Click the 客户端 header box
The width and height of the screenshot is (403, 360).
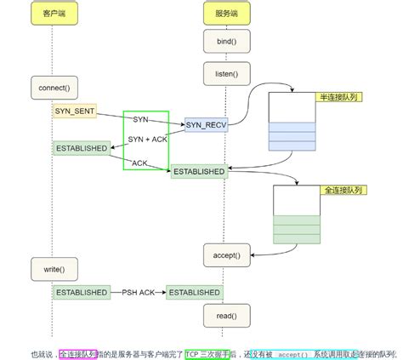pyautogui.click(x=52, y=14)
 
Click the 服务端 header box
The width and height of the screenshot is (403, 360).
pyautogui.click(x=224, y=14)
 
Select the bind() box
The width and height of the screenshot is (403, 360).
pyautogui.click(x=224, y=41)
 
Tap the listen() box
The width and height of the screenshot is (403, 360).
pyautogui.click(x=224, y=74)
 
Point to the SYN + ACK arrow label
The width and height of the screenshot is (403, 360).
pyautogui.click(x=147, y=139)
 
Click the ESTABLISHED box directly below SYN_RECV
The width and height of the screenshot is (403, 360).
pyautogui.click(x=199, y=171)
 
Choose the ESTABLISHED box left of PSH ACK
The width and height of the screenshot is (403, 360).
pyautogui.click(x=82, y=292)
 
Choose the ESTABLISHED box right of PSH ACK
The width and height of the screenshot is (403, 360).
pyautogui.click(x=194, y=292)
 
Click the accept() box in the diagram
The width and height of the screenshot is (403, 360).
pyautogui.click(x=224, y=254)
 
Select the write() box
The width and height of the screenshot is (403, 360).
pyautogui.click(x=52, y=269)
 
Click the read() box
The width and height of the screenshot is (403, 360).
pyautogui.click(x=224, y=315)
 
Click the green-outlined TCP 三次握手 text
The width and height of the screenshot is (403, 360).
pyautogui.click(x=207, y=352)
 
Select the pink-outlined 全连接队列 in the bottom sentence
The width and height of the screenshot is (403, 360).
pyautogui.click(x=78, y=352)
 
